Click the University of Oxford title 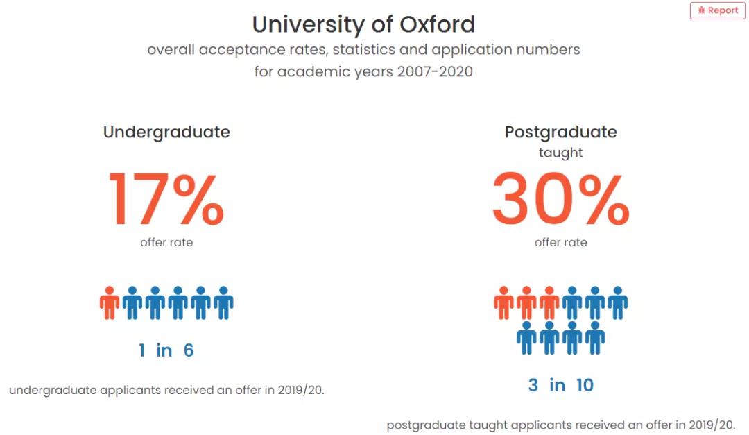pos(363,24)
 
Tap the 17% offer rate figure pos(166,200)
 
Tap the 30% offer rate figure pos(560,200)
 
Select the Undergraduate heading pos(166,132)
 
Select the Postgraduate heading pos(560,132)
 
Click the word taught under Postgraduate pos(560,153)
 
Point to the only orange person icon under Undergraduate pos(110,302)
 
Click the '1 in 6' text pos(166,350)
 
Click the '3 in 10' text pos(560,385)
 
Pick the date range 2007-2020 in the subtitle pos(435,71)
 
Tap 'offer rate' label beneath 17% pos(166,242)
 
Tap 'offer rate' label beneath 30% pos(560,242)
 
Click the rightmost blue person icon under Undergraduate pos(223,302)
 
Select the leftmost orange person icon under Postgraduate pos(504,302)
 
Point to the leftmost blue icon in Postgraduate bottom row pos(527,337)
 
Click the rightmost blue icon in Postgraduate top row pos(617,302)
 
